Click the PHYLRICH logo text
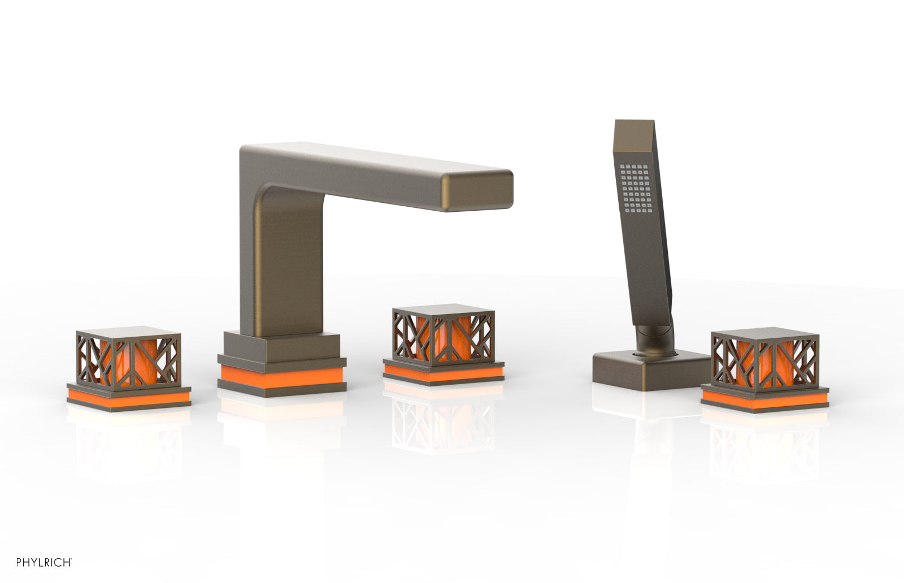[x=44, y=563]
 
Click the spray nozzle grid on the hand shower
[x=636, y=189]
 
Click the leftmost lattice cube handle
[x=128, y=356]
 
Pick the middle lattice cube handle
[x=443, y=335]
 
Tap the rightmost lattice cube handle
[x=765, y=359]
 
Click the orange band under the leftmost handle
[x=129, y=397]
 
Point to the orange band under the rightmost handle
[x=765, y=399]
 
